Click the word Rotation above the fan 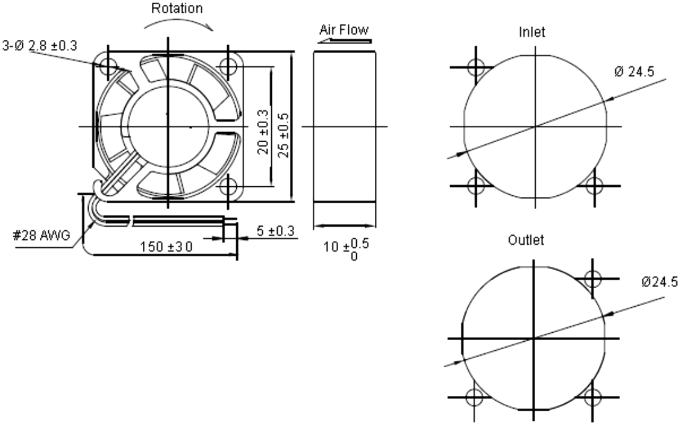(x=177, y=9)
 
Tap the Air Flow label (x=344, y=30)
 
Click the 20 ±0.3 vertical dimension (x=263, y=131)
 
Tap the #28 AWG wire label (x=39, y=236)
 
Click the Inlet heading (x=532, y=33)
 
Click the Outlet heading (x=526, y=240)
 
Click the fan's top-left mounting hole (x=109, y=65)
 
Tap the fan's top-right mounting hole (x=228, y=65)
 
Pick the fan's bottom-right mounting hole (x=228, y=185)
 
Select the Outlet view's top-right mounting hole (x=594, y=279)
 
